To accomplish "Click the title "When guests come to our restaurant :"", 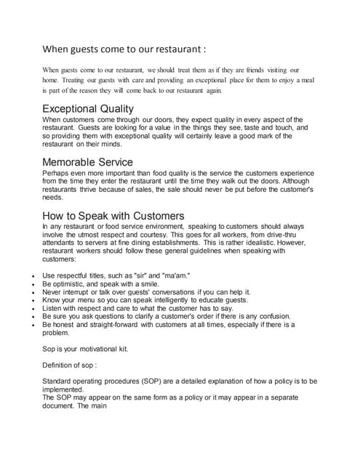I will pos(124,50).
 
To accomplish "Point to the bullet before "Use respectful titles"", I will pos(25,276).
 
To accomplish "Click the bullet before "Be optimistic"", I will pos(25,284).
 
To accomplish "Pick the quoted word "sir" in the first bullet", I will pos(143,276).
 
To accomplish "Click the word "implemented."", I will pos(64,389).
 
